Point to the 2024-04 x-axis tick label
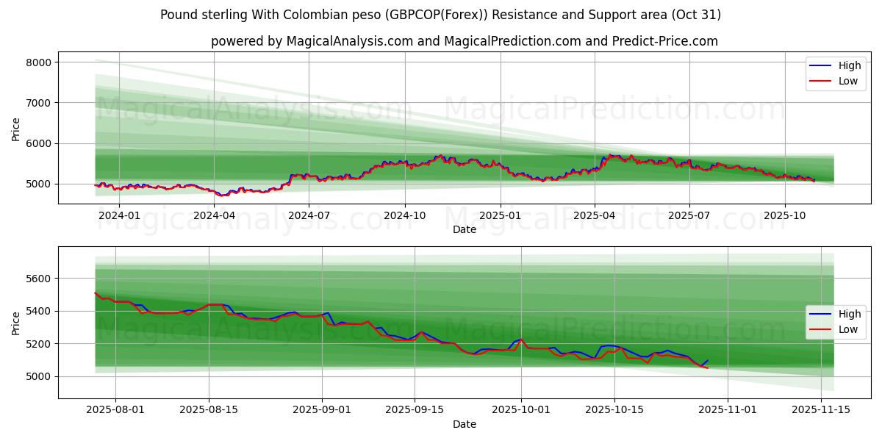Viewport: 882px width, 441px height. pos(214,215)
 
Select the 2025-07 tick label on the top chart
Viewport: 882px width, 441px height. pos(689,215)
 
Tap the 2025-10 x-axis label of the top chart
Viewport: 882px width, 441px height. pos(784,215)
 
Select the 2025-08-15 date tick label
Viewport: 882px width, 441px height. pos(209,410)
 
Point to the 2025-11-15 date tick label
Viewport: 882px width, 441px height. pos(820,410)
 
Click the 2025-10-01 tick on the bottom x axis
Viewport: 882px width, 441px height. pos(521,410)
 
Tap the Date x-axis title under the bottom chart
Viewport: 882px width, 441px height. pos(464,424)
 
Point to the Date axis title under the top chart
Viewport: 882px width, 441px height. pos(464,229)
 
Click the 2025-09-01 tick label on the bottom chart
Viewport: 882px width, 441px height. pos(322,410)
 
